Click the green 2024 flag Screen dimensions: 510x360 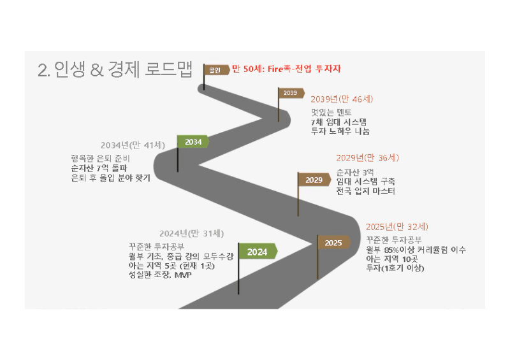(x=258, y=252)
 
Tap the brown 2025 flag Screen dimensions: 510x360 (x=334, y=243)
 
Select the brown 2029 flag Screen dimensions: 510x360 (x=314, y=180)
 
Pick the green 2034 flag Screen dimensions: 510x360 (x=193, y=142)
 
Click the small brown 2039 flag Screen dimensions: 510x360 (x=291, y=93)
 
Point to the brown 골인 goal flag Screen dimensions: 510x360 (x=216, y=69)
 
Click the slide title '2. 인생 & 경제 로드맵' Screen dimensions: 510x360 (x=115, y=69)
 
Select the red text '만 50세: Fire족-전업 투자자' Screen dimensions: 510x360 (x=286, y=69)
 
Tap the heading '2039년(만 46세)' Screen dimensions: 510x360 (x=342, y=99)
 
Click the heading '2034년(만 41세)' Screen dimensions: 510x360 (x=133, y=145)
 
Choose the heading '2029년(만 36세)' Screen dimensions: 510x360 (x=368, y=158)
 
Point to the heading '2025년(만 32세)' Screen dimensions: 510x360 (x=397, y=227)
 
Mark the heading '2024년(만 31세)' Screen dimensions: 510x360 (x=192, y=233)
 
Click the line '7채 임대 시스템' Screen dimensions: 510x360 (x=339, y=122)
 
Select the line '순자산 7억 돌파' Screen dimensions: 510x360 (x=99, y=168)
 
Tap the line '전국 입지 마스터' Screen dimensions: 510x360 (x=365, y=191)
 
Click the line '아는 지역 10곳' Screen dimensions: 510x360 (x=392, y=259)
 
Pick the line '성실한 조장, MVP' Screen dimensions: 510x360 (x=160, y=275)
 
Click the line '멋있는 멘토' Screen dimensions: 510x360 (x=331, y=112)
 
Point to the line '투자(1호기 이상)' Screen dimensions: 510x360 (x=395, y=268)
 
